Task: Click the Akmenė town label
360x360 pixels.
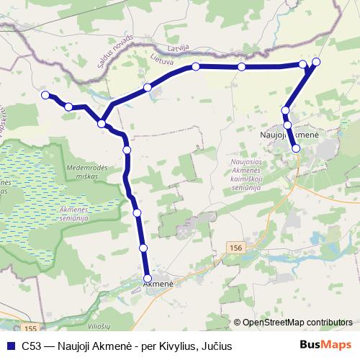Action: coord(158,285)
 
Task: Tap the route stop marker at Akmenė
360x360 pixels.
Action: coord(148,278)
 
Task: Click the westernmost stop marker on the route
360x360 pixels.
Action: coord(45,95)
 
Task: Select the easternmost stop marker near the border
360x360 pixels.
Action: coord(316,61)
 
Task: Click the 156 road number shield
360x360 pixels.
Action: coord(236,247)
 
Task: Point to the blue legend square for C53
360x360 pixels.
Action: coord(10,346)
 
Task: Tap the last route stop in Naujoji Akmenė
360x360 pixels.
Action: coord(296,148)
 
